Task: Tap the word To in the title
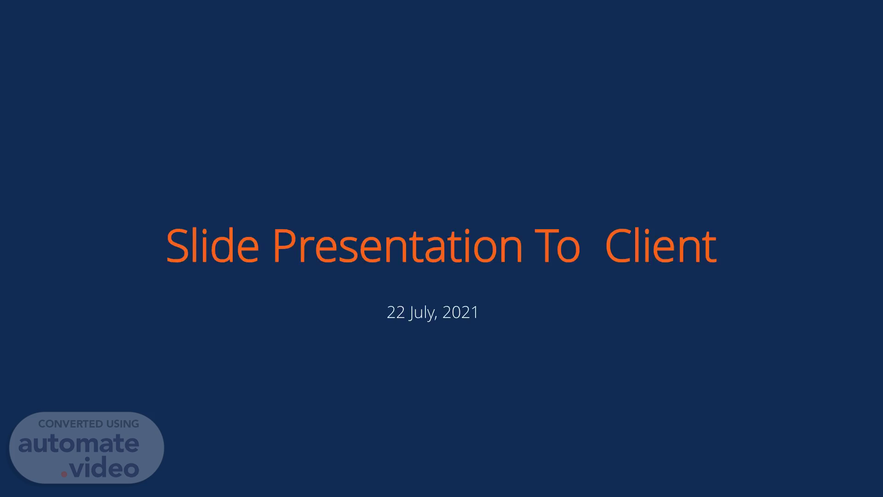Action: point(557,246)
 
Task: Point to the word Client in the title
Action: point(661,246)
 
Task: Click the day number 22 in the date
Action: point(396,312)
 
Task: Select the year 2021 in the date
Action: point(460,312)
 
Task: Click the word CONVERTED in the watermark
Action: point(70,424)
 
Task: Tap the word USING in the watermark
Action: point(123,424)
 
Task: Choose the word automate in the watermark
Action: point(79,444)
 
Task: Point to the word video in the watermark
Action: point(104,468)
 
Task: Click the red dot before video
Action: point(64,474)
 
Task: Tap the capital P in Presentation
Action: point(285,246)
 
